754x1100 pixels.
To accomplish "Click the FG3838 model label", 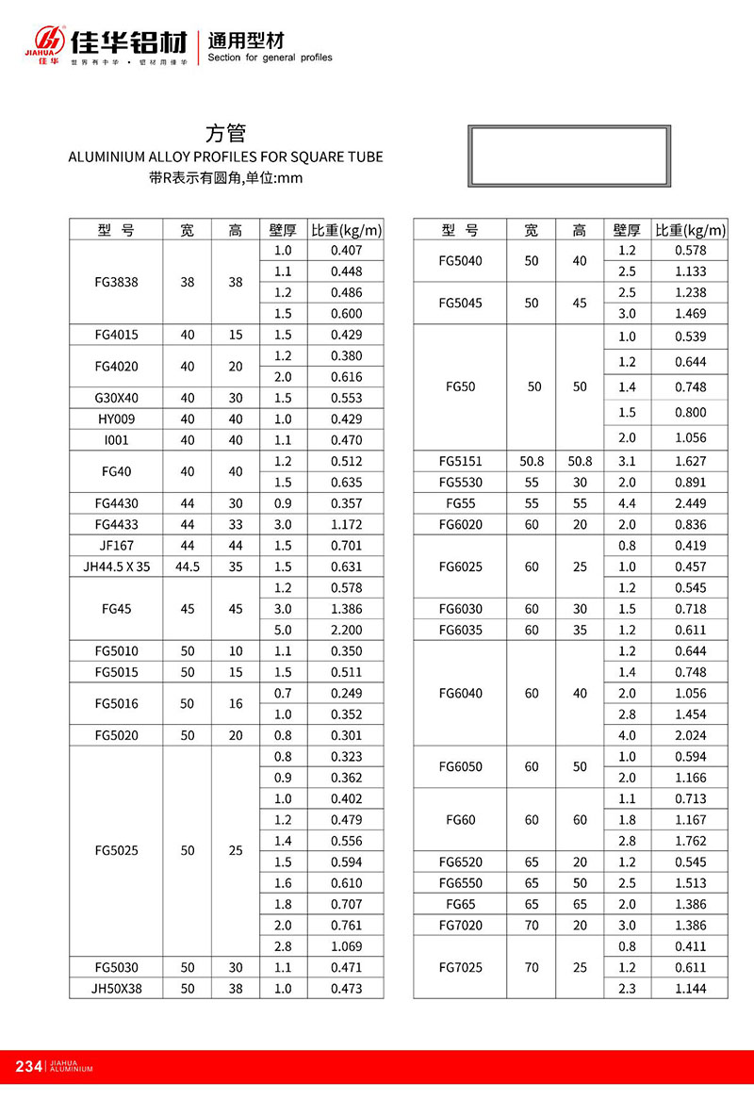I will coord(117,282).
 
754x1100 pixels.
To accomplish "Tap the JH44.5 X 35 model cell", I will coord(117,566).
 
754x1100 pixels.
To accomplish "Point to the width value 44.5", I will coord(188,566).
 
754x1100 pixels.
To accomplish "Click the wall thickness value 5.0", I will coord(283,630).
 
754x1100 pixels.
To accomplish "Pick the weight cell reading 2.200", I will coord(347,630).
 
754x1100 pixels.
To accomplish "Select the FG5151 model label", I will coord(460,461).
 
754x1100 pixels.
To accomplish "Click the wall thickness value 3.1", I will coord(627,461).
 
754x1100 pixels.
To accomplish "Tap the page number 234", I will coord(29,1066).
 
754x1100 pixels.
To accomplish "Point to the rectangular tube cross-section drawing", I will coord(569,156).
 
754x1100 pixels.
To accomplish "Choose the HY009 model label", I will coord(117,419).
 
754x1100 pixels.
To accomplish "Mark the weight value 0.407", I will coord(347,251).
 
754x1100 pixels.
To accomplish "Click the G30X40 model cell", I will coord(117,398).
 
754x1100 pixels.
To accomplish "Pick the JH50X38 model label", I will coord(117,988).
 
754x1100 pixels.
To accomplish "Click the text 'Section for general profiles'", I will coord(270,57).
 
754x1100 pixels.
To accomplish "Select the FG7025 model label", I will coord(460,966).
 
